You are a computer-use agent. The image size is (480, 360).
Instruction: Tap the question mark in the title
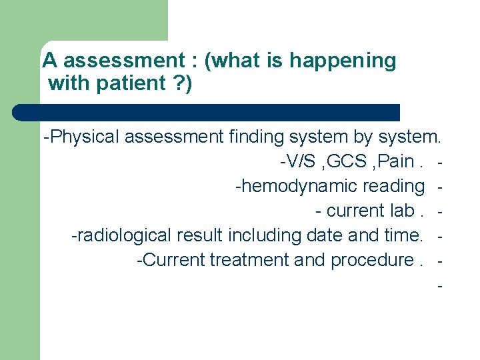point(179,84)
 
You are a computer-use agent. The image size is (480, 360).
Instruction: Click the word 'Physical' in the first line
point(85,137)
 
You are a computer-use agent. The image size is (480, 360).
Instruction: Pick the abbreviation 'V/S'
point(297,162)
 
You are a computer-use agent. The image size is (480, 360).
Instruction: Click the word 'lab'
point(394,211)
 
